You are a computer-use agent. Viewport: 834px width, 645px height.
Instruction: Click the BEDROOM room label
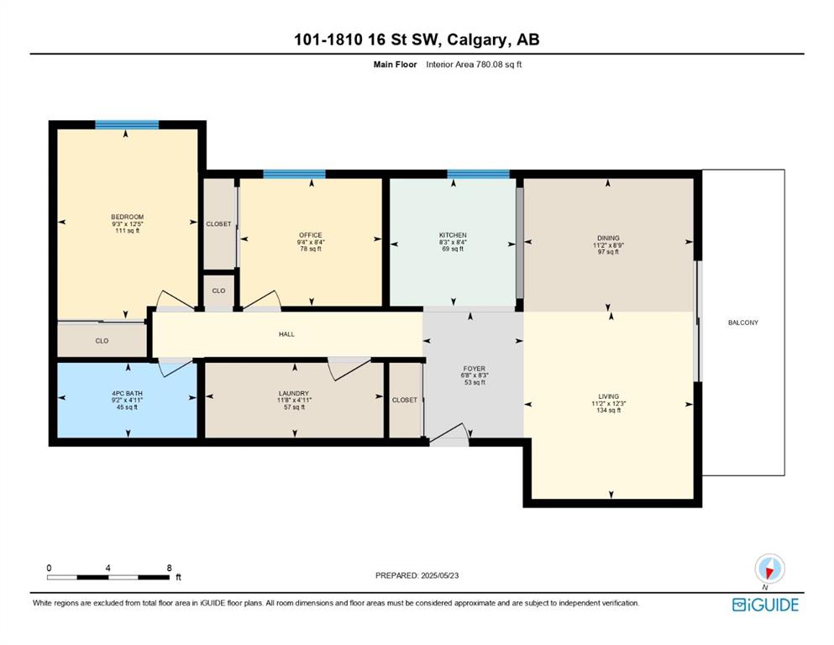tap(127, 217)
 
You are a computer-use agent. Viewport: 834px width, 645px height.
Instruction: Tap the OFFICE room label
tap(311, 235)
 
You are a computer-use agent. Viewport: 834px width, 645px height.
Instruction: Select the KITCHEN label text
tap(453, 235)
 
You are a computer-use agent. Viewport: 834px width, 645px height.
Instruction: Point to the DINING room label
tap(608, 239)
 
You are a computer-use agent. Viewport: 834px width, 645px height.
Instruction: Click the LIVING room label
tap(608, 396)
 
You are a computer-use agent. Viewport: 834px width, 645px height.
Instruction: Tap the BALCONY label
tap(743, 322)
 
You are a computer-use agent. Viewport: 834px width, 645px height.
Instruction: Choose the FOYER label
tap(474, 369)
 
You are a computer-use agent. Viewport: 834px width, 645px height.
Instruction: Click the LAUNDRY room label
tap(294, 394)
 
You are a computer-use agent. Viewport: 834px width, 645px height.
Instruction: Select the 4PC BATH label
tap(127, 394)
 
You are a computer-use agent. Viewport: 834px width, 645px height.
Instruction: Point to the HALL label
tap(286, 334)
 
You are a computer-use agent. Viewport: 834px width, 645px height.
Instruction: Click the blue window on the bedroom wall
tap(127, 125)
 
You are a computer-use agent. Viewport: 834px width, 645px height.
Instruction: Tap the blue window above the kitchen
tap(478, 174)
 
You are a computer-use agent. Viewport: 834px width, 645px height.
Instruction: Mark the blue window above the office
tap(294, 174)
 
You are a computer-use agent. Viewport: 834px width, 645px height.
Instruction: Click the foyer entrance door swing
tap(450, 432)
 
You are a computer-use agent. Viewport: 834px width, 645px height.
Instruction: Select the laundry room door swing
tap(349, 368)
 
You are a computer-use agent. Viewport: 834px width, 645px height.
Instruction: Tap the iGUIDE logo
tap(765, 605)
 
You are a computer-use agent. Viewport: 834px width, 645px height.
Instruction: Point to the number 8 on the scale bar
tap(169, 568)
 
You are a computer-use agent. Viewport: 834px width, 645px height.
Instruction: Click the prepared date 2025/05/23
tap(439, 575)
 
